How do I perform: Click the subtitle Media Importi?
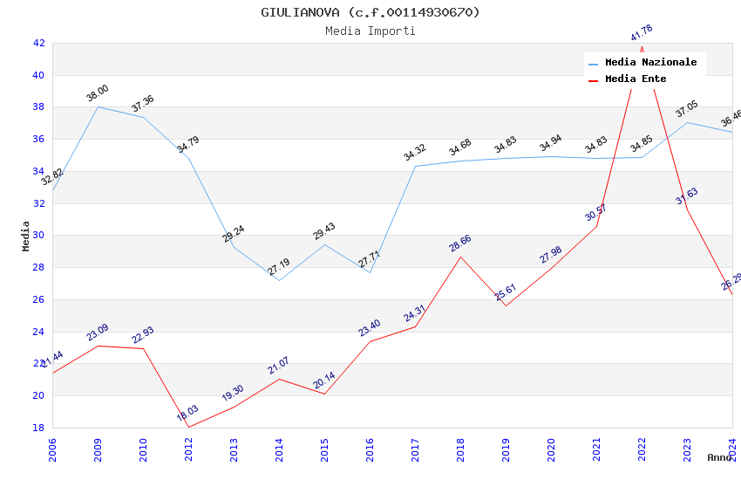pyautogui.click(x=370, y=31)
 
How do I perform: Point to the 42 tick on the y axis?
pyautogui.click(x=38, y=43)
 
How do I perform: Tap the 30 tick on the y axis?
pyautogui.click(x=38, y=236)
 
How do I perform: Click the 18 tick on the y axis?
pyautogui.click(x=38, y=428)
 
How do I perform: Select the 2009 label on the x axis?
pyautogui.click(x=98, y=449)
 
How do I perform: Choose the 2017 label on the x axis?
pyautogui.click(x=415, y=449)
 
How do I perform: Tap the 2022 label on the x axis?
pyautogui.click(x=642, y=449)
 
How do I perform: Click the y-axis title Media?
pyautogui.click(x=26, y=236)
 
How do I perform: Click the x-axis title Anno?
pyautogui.click(x=719, y=457)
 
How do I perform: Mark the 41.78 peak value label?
pyautogui.click(x=642, y=33)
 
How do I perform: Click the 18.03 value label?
pyautogui.click(x=188, y=413)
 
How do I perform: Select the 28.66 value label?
pyautogui.click(x=460, y=243)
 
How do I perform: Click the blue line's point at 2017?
pyautogui.click(x=415, y=166)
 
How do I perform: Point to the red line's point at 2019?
pyautogui.click(x=506, y=305)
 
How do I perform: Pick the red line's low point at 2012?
pyautogui.click(x=188, y=428)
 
